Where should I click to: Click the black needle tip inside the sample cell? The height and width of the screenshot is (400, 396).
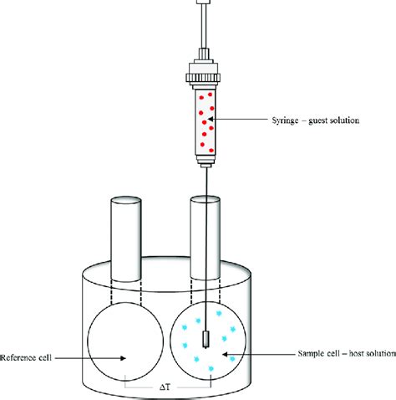pyautogui.click(x=206, y=340)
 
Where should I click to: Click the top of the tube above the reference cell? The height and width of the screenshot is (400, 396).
pyautogui.click(x=126, y=202)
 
